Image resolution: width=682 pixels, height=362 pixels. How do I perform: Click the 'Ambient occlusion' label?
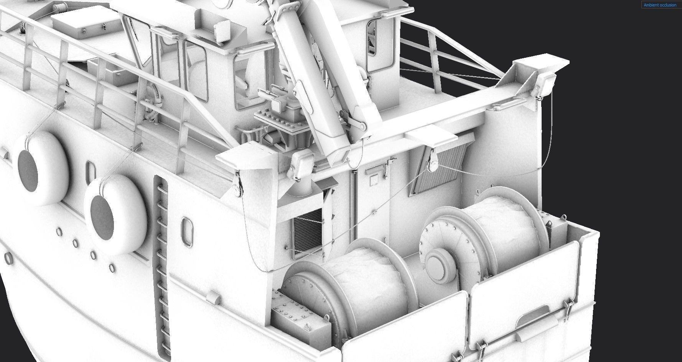(660, 5)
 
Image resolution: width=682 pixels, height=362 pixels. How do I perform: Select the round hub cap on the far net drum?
(437, 264)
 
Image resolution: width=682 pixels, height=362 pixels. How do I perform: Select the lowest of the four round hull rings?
(112, 267)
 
